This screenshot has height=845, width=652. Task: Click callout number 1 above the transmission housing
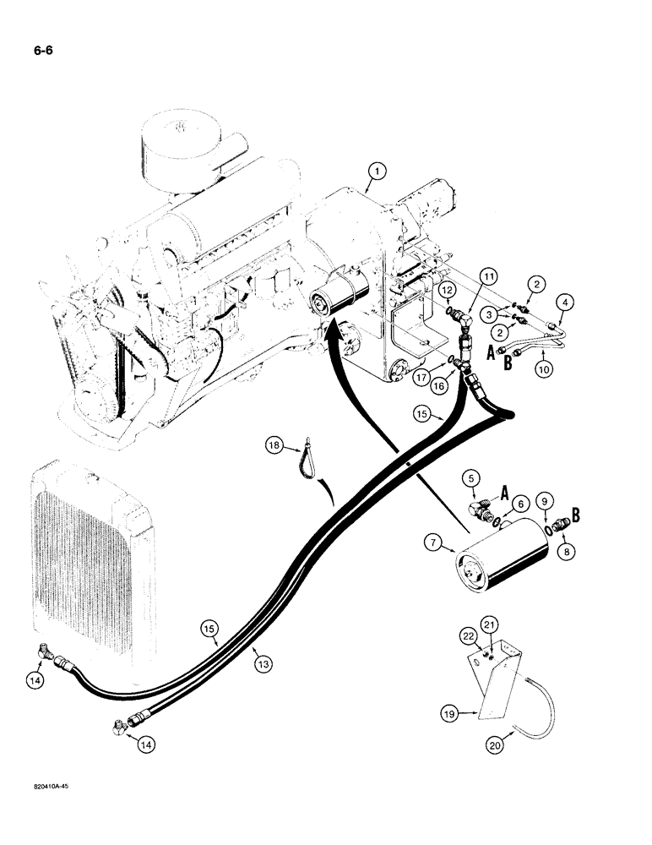tap(377, 172)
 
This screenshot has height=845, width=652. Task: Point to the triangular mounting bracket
tap(504, 676)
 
